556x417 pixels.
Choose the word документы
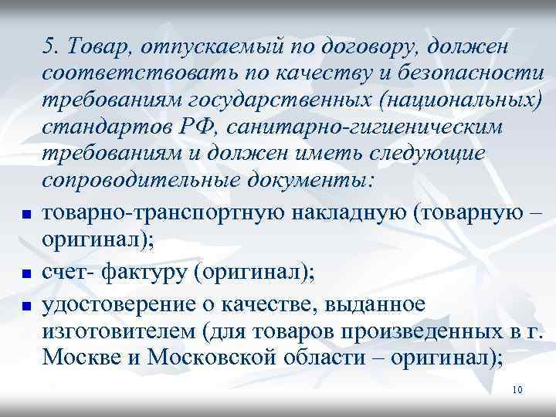point(308,179)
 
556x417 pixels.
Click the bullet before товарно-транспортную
point(25,215)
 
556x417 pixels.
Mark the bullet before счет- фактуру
point(25,274)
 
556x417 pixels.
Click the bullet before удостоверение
point(25,307)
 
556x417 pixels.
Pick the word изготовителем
point(119,332)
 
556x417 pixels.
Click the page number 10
point(517,391)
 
